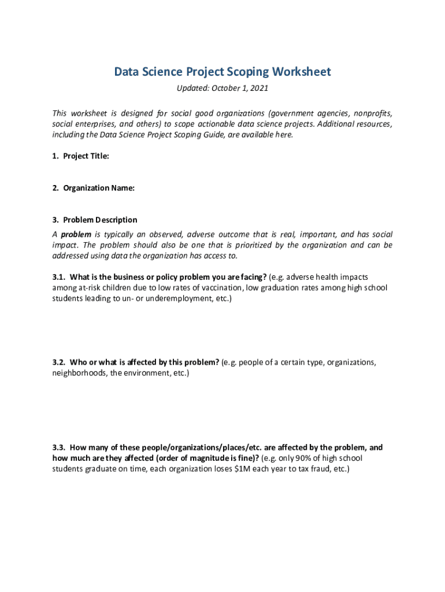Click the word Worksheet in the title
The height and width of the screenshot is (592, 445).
[x=302, y=72]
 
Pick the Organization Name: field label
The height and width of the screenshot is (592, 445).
[x=99, y=188]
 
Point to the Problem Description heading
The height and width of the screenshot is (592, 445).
[x=100, y=220]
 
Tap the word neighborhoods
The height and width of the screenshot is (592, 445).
[x=79, y=373]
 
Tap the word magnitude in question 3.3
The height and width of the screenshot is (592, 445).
[x=209, y=458]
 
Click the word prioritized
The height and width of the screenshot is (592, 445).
[x=252, y=245]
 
